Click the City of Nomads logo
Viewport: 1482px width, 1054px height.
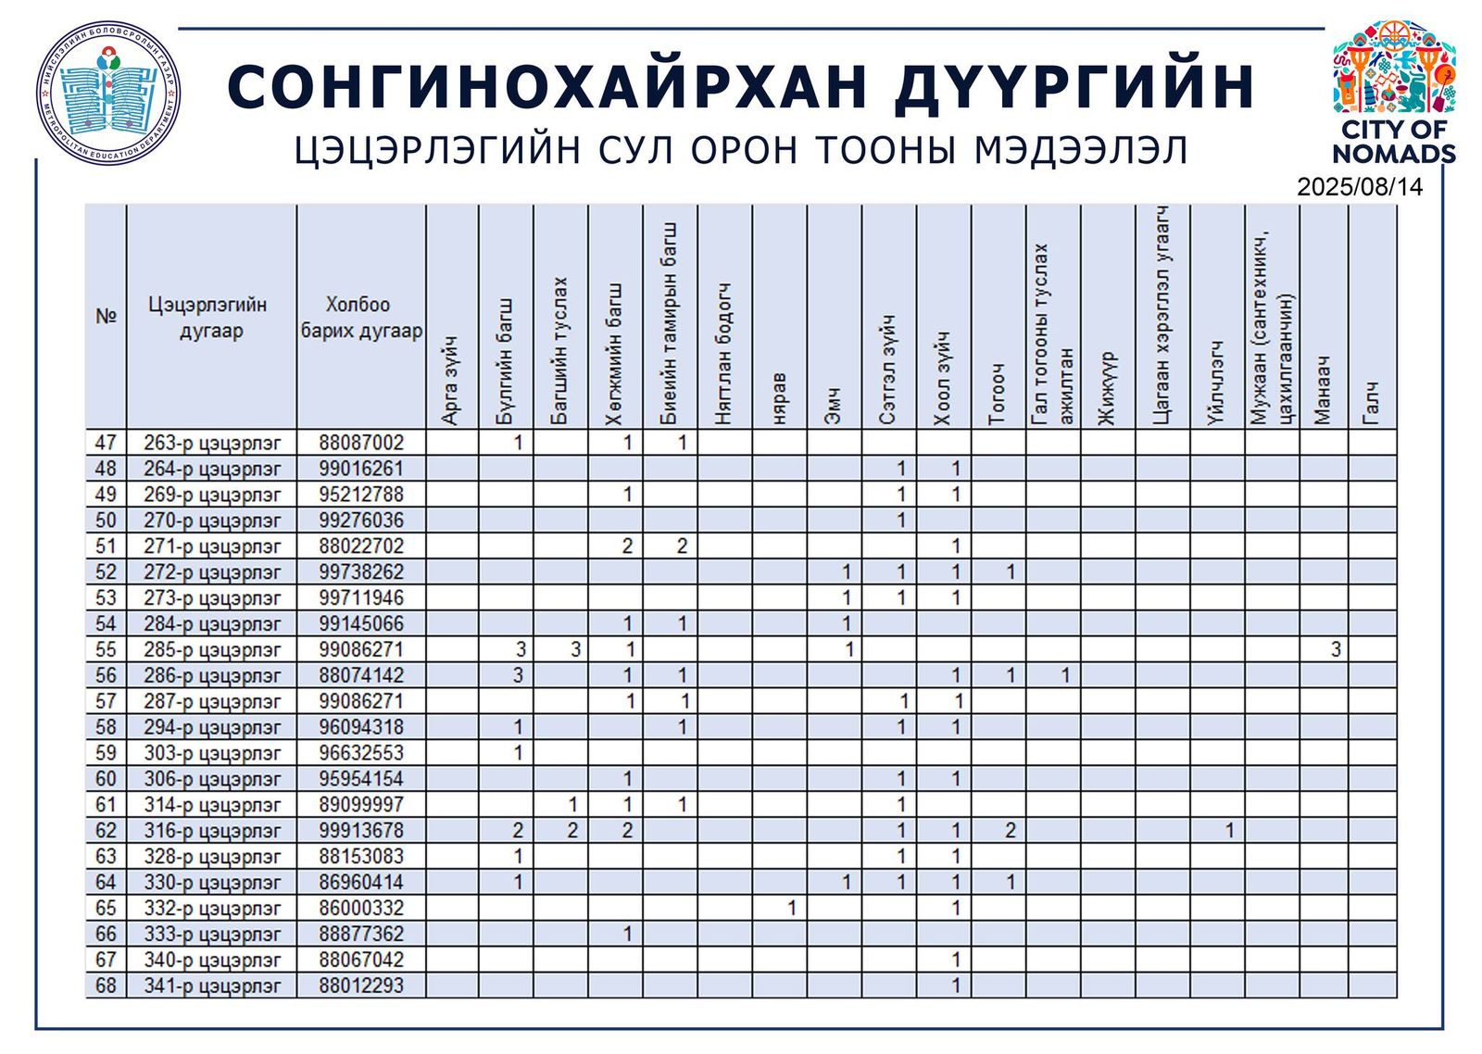coord(1393,93)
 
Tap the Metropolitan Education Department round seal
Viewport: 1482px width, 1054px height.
coord(109,94)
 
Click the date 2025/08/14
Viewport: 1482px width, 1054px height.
coord(1359,187)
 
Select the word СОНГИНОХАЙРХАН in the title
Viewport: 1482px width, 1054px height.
coord(546,88)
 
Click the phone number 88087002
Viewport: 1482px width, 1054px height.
coord(361,443)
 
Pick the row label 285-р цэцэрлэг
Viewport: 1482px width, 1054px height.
coord(211,649)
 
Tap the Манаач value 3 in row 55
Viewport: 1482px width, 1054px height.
coord(1335,649)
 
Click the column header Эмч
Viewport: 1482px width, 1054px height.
coord(834,408)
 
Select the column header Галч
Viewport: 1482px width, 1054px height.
coord(1372,404)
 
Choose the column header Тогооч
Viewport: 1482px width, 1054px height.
coord(998,395)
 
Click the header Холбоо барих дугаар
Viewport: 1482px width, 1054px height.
coord(361,318)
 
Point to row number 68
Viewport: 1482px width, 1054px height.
coord(106,985)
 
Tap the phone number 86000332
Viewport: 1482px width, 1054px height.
coord(361,908)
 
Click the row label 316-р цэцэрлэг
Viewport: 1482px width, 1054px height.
coord(211,831)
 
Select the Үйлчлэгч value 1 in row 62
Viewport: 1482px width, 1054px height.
coord(1229,831)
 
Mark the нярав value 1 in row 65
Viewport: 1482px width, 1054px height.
coord(790,908)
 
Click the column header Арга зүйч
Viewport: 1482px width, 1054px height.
coord(451,382)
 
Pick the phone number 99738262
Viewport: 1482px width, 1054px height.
coord(361,571)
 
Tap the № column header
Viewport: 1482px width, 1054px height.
coord(106,317)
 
